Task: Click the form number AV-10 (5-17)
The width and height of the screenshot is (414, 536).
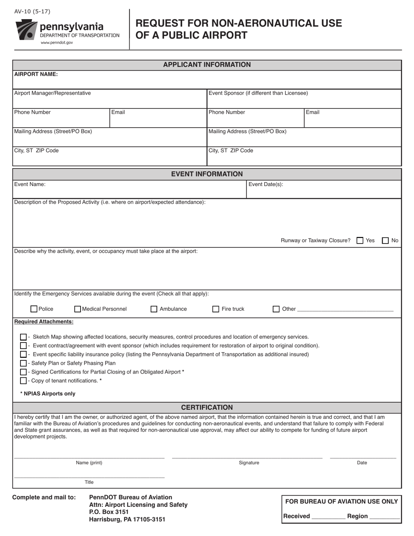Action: [32, 12]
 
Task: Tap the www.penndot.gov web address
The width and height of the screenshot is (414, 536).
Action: [57, 43]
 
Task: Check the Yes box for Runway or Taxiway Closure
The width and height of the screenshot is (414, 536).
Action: [360, 241]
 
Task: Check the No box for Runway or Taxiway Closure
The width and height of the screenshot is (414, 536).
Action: [385, 241]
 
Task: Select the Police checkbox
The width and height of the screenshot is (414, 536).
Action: [34, 309]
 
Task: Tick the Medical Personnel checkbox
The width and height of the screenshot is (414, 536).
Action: [78, 309]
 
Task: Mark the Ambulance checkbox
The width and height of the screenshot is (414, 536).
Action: [154, 309]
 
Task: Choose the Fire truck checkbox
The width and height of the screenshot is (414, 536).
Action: [216, 309]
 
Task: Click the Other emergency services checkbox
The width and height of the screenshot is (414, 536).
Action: [276, 309]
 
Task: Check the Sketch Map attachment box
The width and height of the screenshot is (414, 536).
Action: [24, 337]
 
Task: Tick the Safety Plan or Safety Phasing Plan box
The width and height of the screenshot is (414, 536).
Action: [24, 363]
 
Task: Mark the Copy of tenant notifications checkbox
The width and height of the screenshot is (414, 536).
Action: [24, 380]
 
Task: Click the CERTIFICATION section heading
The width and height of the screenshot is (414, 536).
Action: [207, 407]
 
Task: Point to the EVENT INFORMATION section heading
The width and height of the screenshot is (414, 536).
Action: [207, 174]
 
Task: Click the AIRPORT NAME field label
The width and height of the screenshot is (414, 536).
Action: [36, 74]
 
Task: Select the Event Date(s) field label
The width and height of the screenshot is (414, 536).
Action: [265, 184]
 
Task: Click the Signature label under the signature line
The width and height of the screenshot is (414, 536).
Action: [249, 463]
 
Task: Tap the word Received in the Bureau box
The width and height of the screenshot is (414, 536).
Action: [296, 516]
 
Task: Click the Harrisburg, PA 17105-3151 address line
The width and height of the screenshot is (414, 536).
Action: [127, 519]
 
